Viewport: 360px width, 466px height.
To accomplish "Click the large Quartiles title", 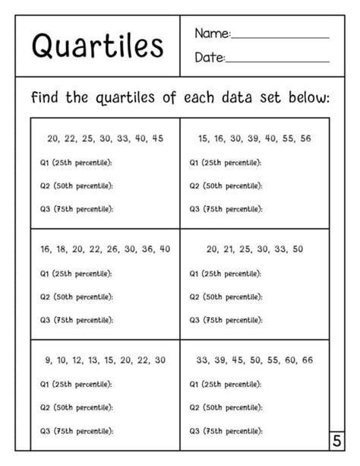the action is (x=98, y=46).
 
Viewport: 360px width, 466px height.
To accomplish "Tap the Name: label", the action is (x=212, y=34).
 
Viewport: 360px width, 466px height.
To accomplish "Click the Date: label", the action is (x=210, y=58).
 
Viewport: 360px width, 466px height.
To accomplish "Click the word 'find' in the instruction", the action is (x=46, y=98).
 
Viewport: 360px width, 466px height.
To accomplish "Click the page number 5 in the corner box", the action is (x=336, y=441).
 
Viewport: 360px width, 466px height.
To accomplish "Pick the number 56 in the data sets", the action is (x=305, y=139).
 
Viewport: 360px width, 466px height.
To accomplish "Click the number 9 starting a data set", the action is (x=49, y=360).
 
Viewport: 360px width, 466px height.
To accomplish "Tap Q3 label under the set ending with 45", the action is (x=45, y=209).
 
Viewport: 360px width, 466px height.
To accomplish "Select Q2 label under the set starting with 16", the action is (x=45, y=296).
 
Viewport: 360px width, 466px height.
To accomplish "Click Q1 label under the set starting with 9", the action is (x=45, y=385).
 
